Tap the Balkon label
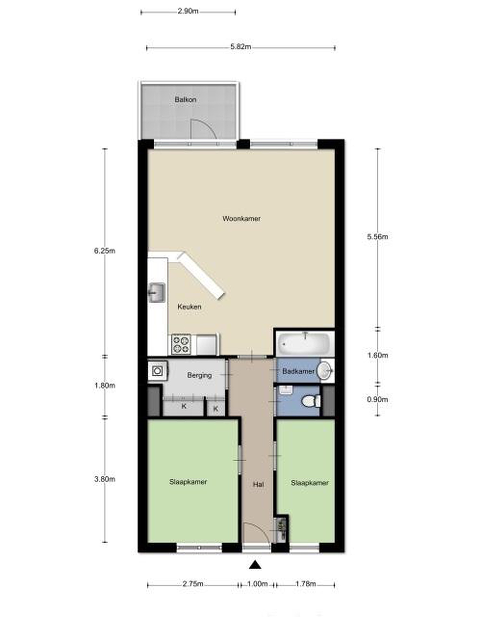[x=185, y=100]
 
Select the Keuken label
[x=189, y=307]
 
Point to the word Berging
[x=199, y=375]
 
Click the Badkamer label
[x=298, y=371]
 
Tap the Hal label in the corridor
[x=258, y=484]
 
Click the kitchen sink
[x=156, y=293]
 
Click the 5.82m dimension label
[x=241, y=46]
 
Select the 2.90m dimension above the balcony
[x=188, y=11]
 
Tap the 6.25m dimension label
[x=105, y=251]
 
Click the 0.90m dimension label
[x=377, y=399]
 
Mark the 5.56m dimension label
[x=377, y=237]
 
